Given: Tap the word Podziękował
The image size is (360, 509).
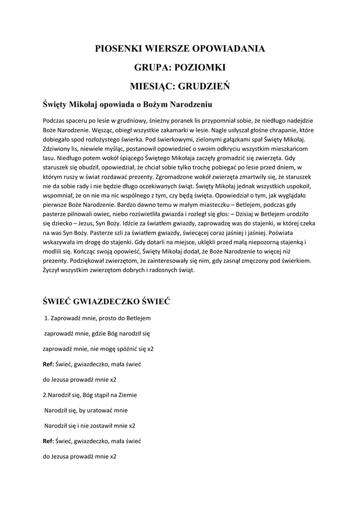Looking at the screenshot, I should coord(90,260).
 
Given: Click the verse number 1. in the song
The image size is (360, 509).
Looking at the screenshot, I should coord(47,318).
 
